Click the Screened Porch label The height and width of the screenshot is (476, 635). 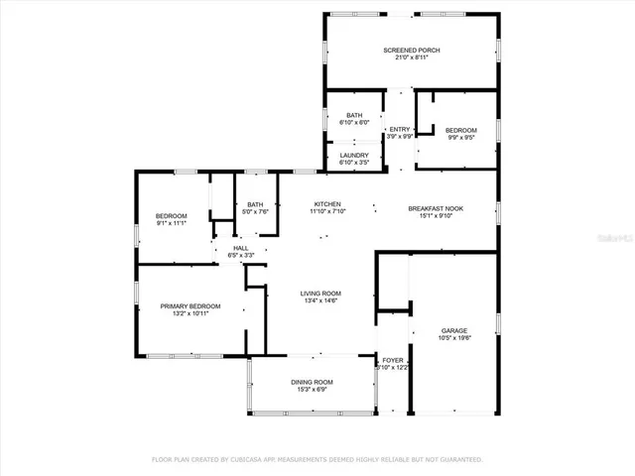tap(412, 50)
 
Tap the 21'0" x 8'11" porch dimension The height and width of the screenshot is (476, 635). tap(412, 58)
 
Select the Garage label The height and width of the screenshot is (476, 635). tap(454, 330)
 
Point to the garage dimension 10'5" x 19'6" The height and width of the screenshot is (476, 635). tap(454, 338)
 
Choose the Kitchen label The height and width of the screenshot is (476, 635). tap(327, 203)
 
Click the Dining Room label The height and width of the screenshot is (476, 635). tap(312, 382)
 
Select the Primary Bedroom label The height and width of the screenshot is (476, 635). tap(190, 306)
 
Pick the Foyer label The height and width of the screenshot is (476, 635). tap(393, 360)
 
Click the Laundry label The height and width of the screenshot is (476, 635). tap(354, 155)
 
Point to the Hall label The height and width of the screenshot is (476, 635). tap(240, 248)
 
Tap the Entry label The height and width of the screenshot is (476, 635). tap(400, 130)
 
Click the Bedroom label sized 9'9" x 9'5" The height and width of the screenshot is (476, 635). tap(460, 130)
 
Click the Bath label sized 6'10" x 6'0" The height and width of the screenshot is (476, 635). tap(354, 116)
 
